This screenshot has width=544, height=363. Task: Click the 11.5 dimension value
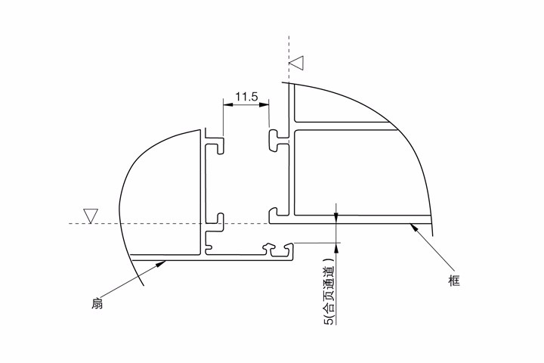click(x=246, y=96)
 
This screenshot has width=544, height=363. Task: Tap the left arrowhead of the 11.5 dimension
click(x=228, y=104)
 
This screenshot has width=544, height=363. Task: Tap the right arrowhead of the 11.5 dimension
click(x=264, y=104)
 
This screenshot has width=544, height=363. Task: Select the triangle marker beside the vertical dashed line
click(x=297, y=63)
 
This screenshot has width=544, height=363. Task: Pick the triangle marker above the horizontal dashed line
click(x=91, y=216)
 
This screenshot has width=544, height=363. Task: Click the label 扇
click(x=97, y=303)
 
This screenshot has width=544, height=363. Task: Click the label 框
click(x=454, y=281)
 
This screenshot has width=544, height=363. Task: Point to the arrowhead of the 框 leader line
click(x=413, y=228)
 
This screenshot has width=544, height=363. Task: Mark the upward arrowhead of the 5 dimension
click(x=335, y=248)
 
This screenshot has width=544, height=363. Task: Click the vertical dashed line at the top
click(x=289, y=58)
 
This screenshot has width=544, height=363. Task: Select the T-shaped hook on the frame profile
click(x=278, y=141)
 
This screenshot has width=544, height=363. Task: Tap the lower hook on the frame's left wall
click(x=278, y=215)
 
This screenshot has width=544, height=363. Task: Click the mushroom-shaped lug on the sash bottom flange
click(x=269, y=249)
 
